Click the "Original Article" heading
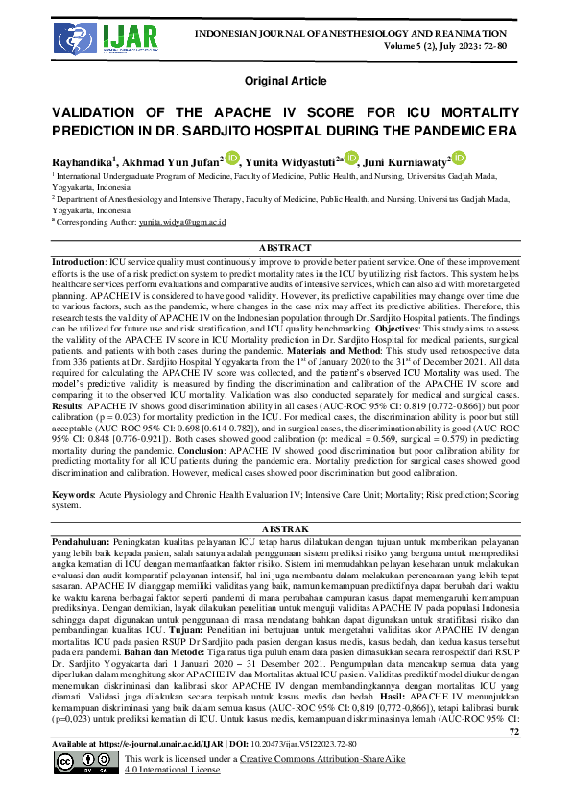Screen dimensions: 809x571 285,80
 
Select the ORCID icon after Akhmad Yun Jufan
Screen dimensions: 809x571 232,158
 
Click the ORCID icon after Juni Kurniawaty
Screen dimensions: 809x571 459,158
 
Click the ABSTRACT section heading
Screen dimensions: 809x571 285,247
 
